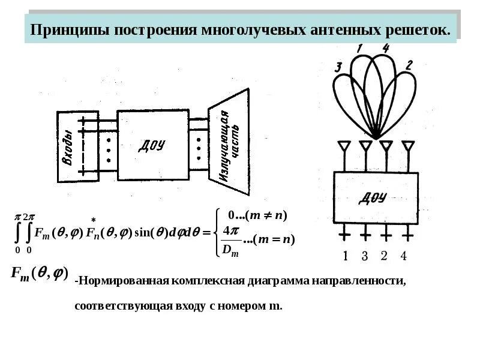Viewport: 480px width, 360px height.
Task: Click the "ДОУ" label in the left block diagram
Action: point(152,145)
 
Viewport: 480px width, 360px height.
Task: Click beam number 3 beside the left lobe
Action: point(338,67)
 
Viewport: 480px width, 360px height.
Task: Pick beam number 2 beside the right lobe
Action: point(408,66)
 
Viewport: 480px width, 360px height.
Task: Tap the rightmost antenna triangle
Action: point(409,146)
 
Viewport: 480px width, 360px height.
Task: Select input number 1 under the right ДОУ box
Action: point(346,256)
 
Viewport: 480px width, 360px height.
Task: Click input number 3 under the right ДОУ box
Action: point(364,256)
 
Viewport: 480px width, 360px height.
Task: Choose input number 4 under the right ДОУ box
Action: point(404,256)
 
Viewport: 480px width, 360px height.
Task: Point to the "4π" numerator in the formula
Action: point(230,231)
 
